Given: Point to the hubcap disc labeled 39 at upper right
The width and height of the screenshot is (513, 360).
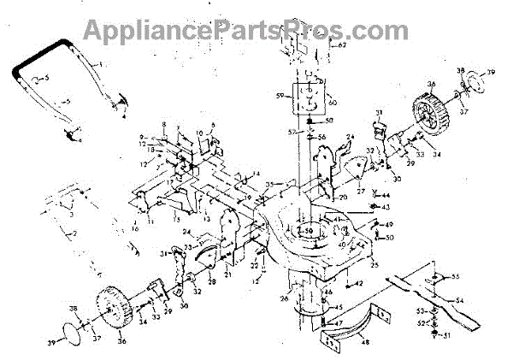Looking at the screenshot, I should (479, 83).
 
